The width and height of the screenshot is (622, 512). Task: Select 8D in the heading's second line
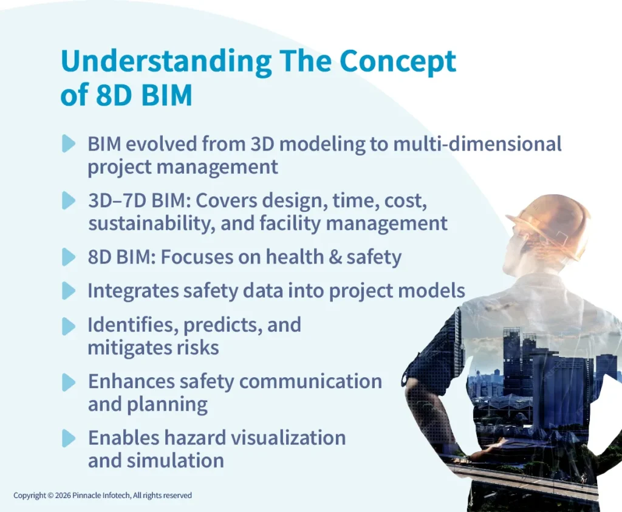pyautogui.click(x=110, y=96)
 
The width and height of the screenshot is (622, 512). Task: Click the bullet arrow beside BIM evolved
pyautogui.click(x=69, y=144)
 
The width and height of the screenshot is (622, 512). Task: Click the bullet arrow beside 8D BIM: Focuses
pyautogui.click(x=69, y=257)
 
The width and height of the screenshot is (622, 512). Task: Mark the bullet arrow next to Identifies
pyautogui.click(x=69, y=326)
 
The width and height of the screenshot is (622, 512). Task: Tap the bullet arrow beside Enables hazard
pyautogui.click(x=69, y=438)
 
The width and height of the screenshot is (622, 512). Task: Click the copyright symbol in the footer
pyautogui.click(x=50, y=496)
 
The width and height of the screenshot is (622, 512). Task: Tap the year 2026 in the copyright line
pyautogui.click(x=63, y=496)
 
